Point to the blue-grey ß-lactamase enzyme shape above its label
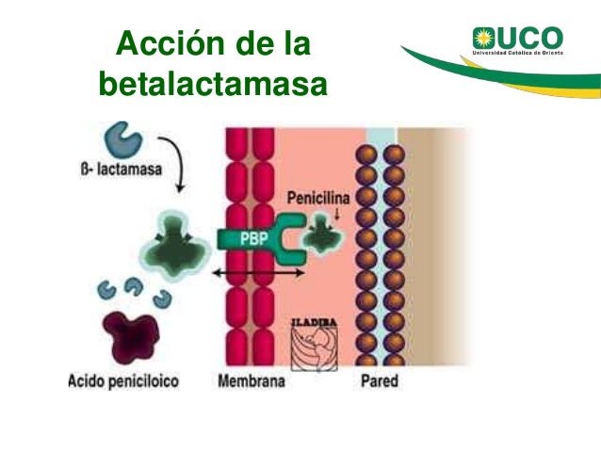tap(123, 139)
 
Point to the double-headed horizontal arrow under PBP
tap(257, 272)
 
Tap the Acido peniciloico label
tap(125, 382)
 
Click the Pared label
tap(380, 382)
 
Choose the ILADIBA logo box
tap(317, 343)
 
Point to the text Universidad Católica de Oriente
tap(530, 56)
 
